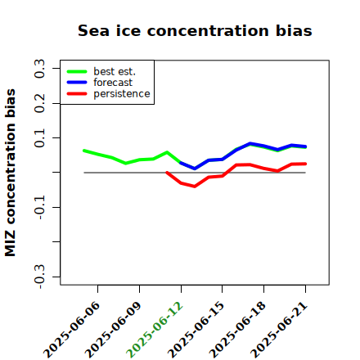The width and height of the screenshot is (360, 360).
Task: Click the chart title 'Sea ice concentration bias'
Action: click(x=195, y=30)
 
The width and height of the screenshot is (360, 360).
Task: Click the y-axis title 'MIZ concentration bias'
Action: click(x=11, y=173)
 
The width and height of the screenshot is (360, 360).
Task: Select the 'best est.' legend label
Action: click(x=115, y=71)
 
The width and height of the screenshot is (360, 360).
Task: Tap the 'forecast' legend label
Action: click(x=113, y=83)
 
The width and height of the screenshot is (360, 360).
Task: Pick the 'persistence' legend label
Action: click(x=122, y=94)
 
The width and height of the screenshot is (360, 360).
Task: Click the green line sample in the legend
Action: click(x=77, y=71)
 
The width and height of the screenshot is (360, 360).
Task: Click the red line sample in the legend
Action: click(x=77, y=94)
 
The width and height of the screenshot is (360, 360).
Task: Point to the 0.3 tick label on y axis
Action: click(x=39, y=69)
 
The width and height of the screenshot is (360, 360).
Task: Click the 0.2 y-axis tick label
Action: click(x=39, y=103)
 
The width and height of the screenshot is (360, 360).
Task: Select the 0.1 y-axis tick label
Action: click(x=39, y=138)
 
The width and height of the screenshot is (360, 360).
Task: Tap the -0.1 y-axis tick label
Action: click(x=39, y=207)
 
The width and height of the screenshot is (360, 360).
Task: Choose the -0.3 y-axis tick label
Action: click(x=39, y=277)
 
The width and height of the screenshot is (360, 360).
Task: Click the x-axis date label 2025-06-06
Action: click(x=72, y=330)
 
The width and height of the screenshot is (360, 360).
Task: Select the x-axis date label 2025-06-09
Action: click(x=113, y=330)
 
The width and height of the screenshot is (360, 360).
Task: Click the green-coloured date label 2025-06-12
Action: click(x=155, y=330)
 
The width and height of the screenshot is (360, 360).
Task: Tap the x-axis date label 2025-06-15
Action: click(x=196, y=330)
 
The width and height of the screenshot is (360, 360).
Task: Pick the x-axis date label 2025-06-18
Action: click(x=237, y=330)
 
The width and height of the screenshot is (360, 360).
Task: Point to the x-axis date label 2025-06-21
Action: click(x=279, y=330)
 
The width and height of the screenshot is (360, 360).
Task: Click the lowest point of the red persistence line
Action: click(x=195, y=187)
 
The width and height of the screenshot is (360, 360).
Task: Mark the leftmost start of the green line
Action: click(x=84, y=151)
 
